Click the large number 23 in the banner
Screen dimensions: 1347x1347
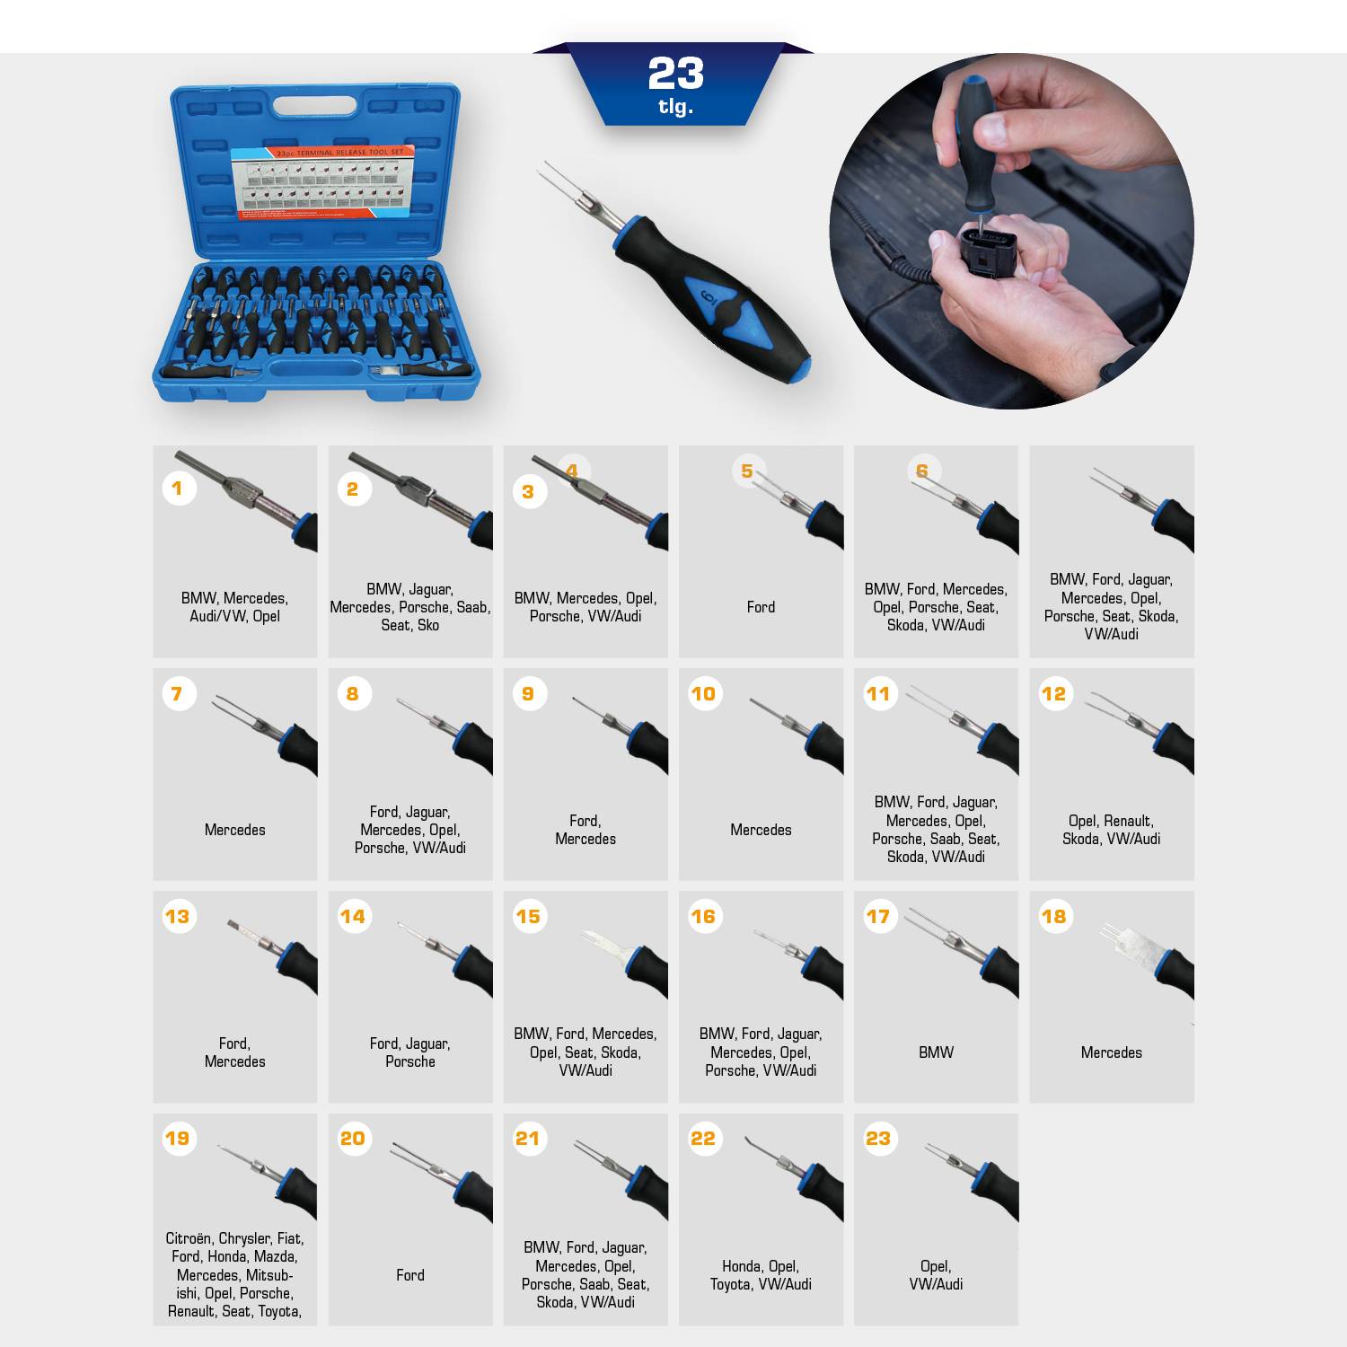tap(675, 75)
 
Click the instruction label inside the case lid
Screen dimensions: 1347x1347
tap(322, 183)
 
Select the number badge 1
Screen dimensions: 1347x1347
tap(178, 489)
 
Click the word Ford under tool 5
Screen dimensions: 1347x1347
tap(761, 607)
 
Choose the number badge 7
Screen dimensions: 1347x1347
tap(178, 693)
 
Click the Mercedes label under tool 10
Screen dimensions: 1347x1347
tap(761, 830)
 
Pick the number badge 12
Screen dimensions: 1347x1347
tap(1053, 693)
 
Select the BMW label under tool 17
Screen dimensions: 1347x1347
tap(936, 1052)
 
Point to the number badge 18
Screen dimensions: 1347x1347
tap(1053, 916)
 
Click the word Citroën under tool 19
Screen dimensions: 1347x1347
tap(189, 1238)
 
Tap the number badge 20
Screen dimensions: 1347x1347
tap(353, 1139)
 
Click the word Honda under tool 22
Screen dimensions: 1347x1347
tap(742, 1266)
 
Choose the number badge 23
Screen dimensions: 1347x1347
tap(878, 1139)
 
